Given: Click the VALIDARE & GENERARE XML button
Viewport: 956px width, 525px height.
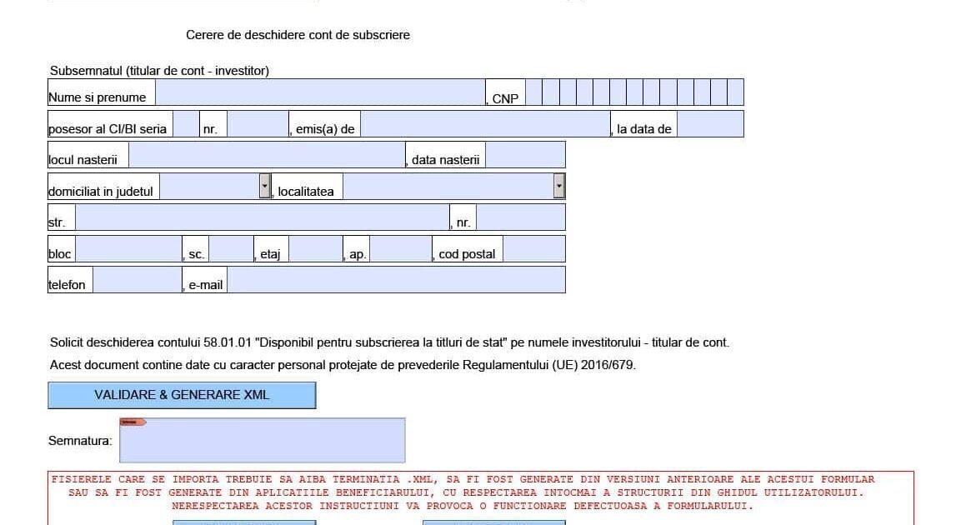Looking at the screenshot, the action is point(182,395).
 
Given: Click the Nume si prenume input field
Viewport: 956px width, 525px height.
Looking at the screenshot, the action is point(321,92).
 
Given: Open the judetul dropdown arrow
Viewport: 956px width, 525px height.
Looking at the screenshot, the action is point(264,186).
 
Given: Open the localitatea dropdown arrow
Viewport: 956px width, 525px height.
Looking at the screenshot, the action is point(559,186).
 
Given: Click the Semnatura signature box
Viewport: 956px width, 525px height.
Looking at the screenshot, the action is point(263,440).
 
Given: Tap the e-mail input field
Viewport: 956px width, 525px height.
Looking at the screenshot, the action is point(396,279).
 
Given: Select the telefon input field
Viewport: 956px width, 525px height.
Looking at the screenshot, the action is point(138,279).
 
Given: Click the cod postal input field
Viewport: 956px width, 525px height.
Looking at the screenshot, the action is point(534,249).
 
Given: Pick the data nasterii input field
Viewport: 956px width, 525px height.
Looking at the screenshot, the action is point(526,155).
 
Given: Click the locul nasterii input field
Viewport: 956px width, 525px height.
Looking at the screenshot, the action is point(267,155).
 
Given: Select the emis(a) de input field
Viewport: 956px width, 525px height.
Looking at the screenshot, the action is point(485,124).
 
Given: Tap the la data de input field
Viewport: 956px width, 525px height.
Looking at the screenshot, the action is point(710,124).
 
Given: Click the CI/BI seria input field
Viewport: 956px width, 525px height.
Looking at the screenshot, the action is point(186,124).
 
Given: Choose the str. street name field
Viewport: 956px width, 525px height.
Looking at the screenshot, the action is point(263,217).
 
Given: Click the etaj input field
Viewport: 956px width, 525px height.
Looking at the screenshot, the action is point(316,249).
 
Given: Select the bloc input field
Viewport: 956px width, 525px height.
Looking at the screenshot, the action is point(128,249).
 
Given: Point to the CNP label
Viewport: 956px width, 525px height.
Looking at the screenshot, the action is point(505,99).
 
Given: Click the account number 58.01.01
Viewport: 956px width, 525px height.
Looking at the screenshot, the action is point(228,342).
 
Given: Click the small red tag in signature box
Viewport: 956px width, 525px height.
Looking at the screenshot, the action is point(133,422).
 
